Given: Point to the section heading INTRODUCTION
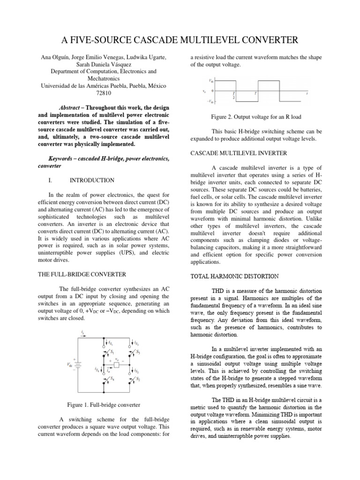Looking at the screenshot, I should tap(91, 180).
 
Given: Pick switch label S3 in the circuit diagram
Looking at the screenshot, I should tap(139, 352).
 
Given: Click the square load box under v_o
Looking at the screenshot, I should tap(117, 364).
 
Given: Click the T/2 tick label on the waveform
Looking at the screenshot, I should tap(233, 95).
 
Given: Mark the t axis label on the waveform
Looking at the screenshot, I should tap(307, 93).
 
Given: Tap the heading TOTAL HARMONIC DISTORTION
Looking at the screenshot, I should tap(234, 277).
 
